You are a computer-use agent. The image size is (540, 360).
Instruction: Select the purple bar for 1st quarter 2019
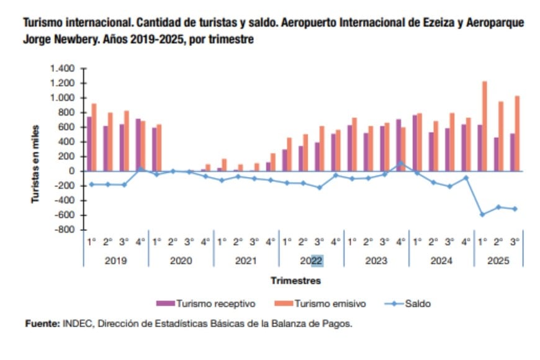(89, 143)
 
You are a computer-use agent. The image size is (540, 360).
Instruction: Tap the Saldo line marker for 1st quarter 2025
(482, 215)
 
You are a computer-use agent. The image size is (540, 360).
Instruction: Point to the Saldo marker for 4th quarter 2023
(400, 163)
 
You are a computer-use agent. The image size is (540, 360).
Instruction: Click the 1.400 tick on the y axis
(63, 68)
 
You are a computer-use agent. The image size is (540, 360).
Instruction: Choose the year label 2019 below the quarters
(115, 261)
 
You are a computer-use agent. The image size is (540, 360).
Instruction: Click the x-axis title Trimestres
(295, 281)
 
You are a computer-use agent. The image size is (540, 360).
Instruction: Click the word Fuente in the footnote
(41, 323)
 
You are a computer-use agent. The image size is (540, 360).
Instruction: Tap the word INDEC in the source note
(77, 323)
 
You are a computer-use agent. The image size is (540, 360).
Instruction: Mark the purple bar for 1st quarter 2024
(415, 143)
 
